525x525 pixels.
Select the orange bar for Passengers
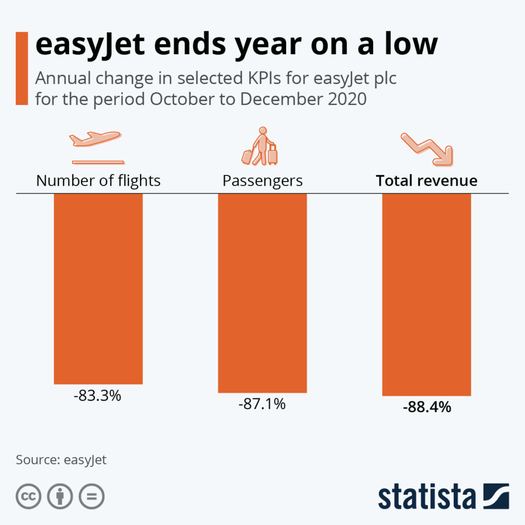click(262, 293)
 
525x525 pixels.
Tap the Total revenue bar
click(426, 295)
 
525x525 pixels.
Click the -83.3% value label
click(98, 396)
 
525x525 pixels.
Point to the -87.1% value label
click(262, 405)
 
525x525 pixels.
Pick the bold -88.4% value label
click(427, 408)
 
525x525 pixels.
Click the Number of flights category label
click(98, 181)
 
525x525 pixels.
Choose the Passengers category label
click(262, 181)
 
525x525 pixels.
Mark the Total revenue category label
click(427, 181)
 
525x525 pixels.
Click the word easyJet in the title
click(90, 45)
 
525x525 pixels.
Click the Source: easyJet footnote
click(61, 459)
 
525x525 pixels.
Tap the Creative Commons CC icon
click(29, 496)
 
